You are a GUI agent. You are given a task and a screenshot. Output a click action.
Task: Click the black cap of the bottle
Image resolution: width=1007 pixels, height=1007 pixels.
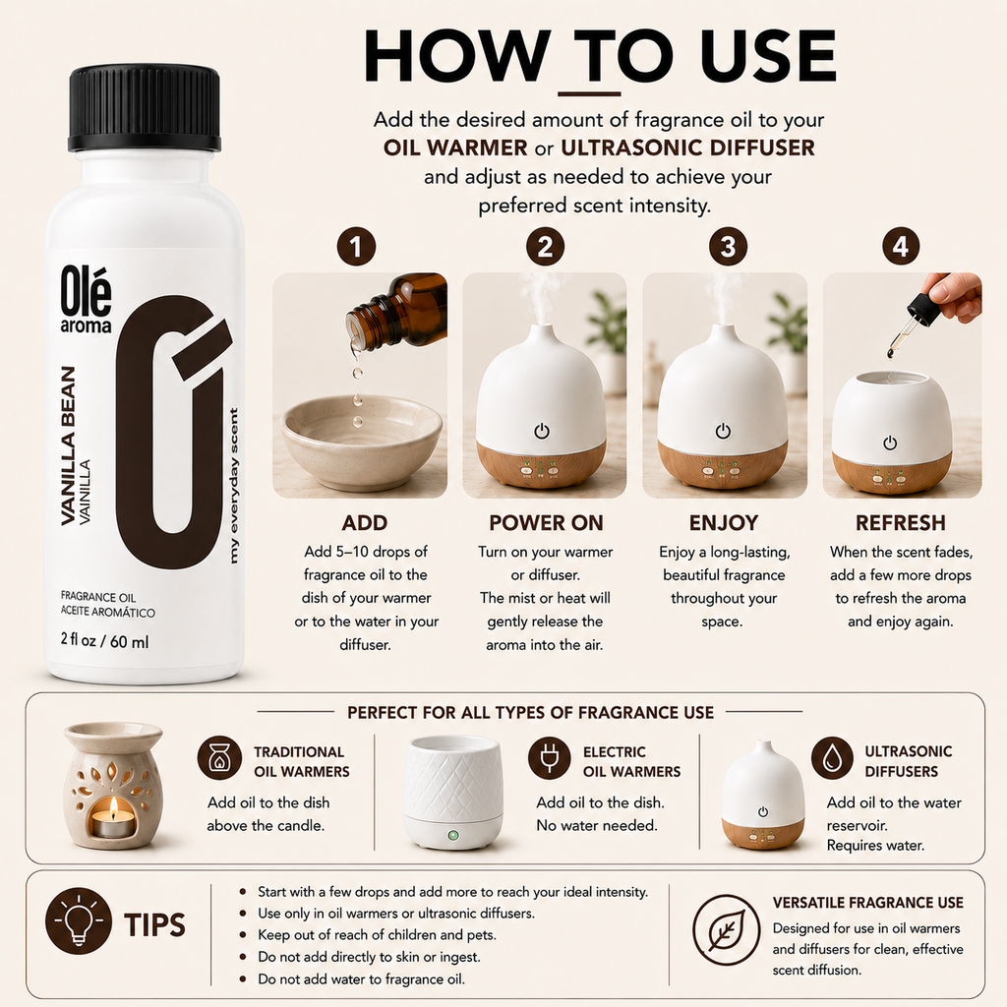(x=145, y=107)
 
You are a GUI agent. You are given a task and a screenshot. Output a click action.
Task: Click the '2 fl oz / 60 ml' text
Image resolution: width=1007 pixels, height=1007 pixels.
(x=104, y=641)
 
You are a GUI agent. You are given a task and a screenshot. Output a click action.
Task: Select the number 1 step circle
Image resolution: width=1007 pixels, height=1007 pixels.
(x=356, y=247)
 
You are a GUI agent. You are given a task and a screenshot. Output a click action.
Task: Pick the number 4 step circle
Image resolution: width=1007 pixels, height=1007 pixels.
(x=901, y=247)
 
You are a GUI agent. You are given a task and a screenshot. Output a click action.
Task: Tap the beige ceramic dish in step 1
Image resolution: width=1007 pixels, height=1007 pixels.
(x=362, y=433)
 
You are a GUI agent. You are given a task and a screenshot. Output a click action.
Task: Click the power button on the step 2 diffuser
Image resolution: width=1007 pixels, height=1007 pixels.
(x=542, y=431)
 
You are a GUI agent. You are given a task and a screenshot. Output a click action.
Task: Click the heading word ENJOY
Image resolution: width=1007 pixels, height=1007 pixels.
(x=724, y=523)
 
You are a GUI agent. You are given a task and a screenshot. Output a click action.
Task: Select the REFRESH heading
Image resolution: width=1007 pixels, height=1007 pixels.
(x=901, y=523)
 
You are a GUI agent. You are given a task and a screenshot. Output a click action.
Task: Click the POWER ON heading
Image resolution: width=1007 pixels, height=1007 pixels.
(x=546, y=523)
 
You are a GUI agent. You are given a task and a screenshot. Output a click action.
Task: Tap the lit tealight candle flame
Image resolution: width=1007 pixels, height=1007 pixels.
(x=114, y=805)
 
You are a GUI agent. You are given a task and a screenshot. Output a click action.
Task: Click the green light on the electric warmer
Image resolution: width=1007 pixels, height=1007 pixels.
(x=452, y=836)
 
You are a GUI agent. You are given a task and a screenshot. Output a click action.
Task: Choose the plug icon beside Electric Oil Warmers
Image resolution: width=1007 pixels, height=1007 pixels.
(x=549, y=758)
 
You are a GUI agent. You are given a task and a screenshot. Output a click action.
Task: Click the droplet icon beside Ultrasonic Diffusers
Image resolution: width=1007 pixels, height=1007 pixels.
(x=832, y=758)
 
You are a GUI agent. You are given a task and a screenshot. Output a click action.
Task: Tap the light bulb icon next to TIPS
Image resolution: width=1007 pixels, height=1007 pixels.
(x=79, y=920)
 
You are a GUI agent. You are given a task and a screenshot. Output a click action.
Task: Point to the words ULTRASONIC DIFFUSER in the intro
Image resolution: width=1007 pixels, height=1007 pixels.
(x=687, y=148)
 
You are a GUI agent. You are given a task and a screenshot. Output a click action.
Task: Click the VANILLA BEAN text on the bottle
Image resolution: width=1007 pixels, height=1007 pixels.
(x=68, y=446)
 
